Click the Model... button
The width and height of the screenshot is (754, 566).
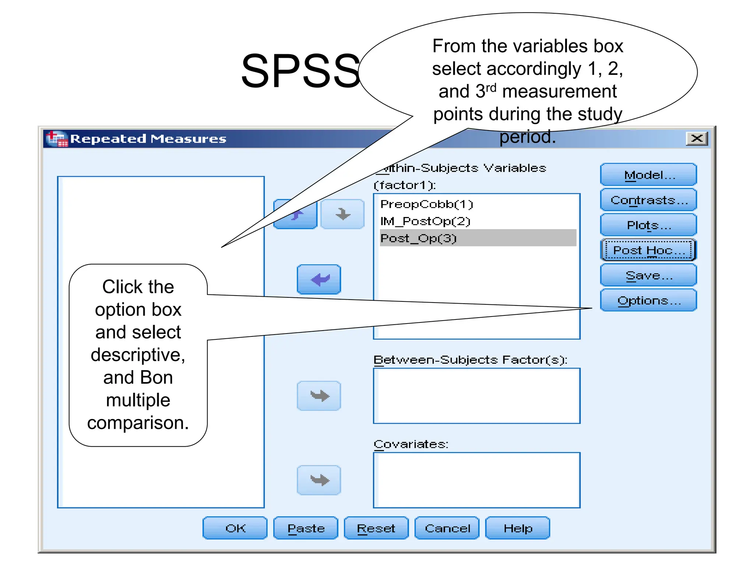pos(648,175)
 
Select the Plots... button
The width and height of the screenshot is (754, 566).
pos(648,225)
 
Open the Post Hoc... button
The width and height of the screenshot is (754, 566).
pos(648,250)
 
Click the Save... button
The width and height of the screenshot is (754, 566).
pos(648,275)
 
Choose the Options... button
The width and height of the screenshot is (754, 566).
pos(648,300)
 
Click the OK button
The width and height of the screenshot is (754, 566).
pos(235,528)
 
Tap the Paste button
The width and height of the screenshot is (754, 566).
pos(306,528)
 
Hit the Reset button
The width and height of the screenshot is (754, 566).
pos(376,528)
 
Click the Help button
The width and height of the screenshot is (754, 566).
pos(518,528)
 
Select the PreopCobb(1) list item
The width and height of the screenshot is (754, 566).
pos(426,204)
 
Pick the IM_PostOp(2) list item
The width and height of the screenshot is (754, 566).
pos(425,221)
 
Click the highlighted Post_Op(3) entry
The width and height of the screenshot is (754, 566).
pos(419,238)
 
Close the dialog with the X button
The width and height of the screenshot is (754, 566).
pos(697,139)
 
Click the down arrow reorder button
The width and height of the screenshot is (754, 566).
pos(342,214)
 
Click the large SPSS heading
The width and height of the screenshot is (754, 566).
pos(300,71)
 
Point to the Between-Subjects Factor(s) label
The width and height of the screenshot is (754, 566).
pos(470,359)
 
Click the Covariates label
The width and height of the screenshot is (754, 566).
pos(411,444)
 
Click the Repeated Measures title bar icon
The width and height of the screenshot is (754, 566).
pos(57,139)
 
